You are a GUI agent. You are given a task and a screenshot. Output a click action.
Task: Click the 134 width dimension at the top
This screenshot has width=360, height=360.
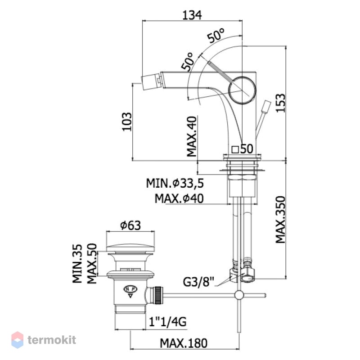click(192, 15)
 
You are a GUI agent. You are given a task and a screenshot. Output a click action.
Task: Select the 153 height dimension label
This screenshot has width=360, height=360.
click(280, 103)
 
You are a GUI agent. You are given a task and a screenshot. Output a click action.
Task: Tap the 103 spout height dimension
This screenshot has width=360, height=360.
click(127, 121)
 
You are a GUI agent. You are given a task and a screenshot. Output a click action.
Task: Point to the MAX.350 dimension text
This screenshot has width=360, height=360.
click(280, 220)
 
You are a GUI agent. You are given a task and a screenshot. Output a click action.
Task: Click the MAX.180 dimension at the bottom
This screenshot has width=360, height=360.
click(184, 343)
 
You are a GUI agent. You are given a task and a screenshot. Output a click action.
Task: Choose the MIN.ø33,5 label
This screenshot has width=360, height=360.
click(175, 183)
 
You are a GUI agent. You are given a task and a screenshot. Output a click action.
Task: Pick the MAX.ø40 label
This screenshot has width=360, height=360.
click(179, 198)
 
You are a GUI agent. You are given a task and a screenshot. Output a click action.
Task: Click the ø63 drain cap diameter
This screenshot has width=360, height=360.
click(130, 225)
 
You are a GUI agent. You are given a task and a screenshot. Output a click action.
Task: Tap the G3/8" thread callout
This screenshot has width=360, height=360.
click(198, 282)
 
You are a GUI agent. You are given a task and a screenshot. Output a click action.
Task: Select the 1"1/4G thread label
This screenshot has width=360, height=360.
click(167, 322)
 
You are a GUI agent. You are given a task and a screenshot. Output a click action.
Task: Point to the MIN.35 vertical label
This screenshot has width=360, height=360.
click(77, 264)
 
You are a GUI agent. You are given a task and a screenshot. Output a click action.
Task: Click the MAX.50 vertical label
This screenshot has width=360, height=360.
click(92, 264)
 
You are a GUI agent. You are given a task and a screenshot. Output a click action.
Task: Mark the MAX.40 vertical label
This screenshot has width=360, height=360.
click(192, 137)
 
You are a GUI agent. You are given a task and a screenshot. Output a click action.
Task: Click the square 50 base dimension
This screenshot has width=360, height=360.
click(242, 149)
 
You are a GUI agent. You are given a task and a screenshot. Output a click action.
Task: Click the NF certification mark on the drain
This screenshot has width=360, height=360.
click(130, 289)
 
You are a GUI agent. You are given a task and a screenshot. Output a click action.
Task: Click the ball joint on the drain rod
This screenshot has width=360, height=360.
click(239, 295)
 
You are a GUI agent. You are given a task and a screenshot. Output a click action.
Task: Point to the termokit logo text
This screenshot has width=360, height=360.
click(52, 340)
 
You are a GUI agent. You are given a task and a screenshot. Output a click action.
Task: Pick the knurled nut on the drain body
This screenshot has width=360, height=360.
click(158, 295)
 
